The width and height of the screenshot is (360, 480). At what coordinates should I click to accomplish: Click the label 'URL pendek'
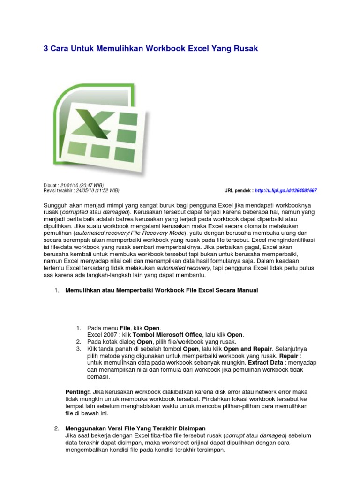[x=238, y=191]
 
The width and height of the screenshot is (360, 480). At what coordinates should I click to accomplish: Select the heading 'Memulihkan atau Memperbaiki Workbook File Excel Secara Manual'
[x=161, y=290]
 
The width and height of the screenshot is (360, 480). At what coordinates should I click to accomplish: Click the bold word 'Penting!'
[x=77, y=392]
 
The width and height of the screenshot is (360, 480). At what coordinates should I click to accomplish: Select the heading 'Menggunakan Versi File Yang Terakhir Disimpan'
[x=135, y=428]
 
